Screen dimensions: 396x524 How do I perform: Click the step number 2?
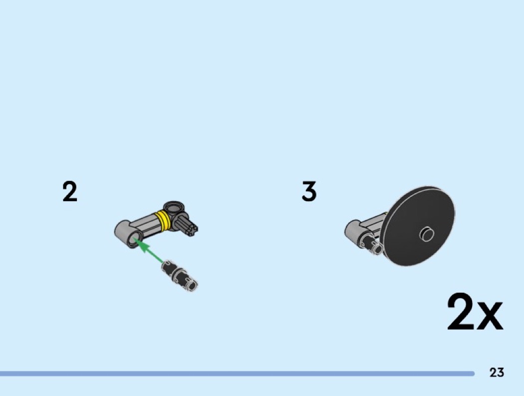(x=70, y=192)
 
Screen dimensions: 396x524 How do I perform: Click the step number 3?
(x=309, y=192)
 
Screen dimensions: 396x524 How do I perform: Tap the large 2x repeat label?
(x=475, y=313)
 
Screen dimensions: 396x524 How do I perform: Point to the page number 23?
(x=497, y=373)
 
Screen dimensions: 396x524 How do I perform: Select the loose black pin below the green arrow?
(x=180, y=275)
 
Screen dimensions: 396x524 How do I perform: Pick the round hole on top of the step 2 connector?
(x=173, y=207)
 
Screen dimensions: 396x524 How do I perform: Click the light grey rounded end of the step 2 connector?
(x=123, y=231)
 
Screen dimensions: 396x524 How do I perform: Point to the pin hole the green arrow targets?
(x=134, y=241)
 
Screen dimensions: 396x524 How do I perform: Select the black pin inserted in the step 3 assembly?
(x=371, y=244)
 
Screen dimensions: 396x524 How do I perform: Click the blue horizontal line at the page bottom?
(x=237, y=374)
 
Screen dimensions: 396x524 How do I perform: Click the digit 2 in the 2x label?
(x=460, y=313)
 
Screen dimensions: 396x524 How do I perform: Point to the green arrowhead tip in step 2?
(x=137, y=243)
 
